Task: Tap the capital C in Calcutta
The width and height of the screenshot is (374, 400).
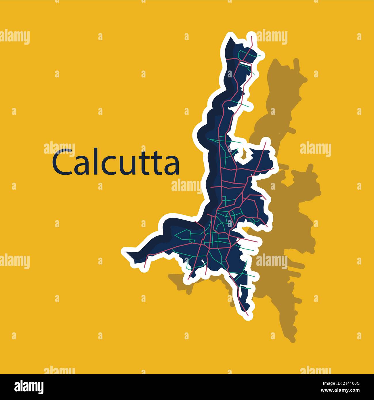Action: pyautogui.click(x=62, y=162)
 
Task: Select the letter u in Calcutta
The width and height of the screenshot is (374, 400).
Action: pyautogui.click(x=126, y=165)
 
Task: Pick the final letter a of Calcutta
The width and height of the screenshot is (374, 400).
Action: pyautogui.click(x=172, y=165)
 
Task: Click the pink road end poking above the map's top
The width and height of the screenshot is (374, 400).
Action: pyautogui.click(x=252, y=37)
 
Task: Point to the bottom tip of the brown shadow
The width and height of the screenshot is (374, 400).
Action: pyautogui.click(x=292, y=340)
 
